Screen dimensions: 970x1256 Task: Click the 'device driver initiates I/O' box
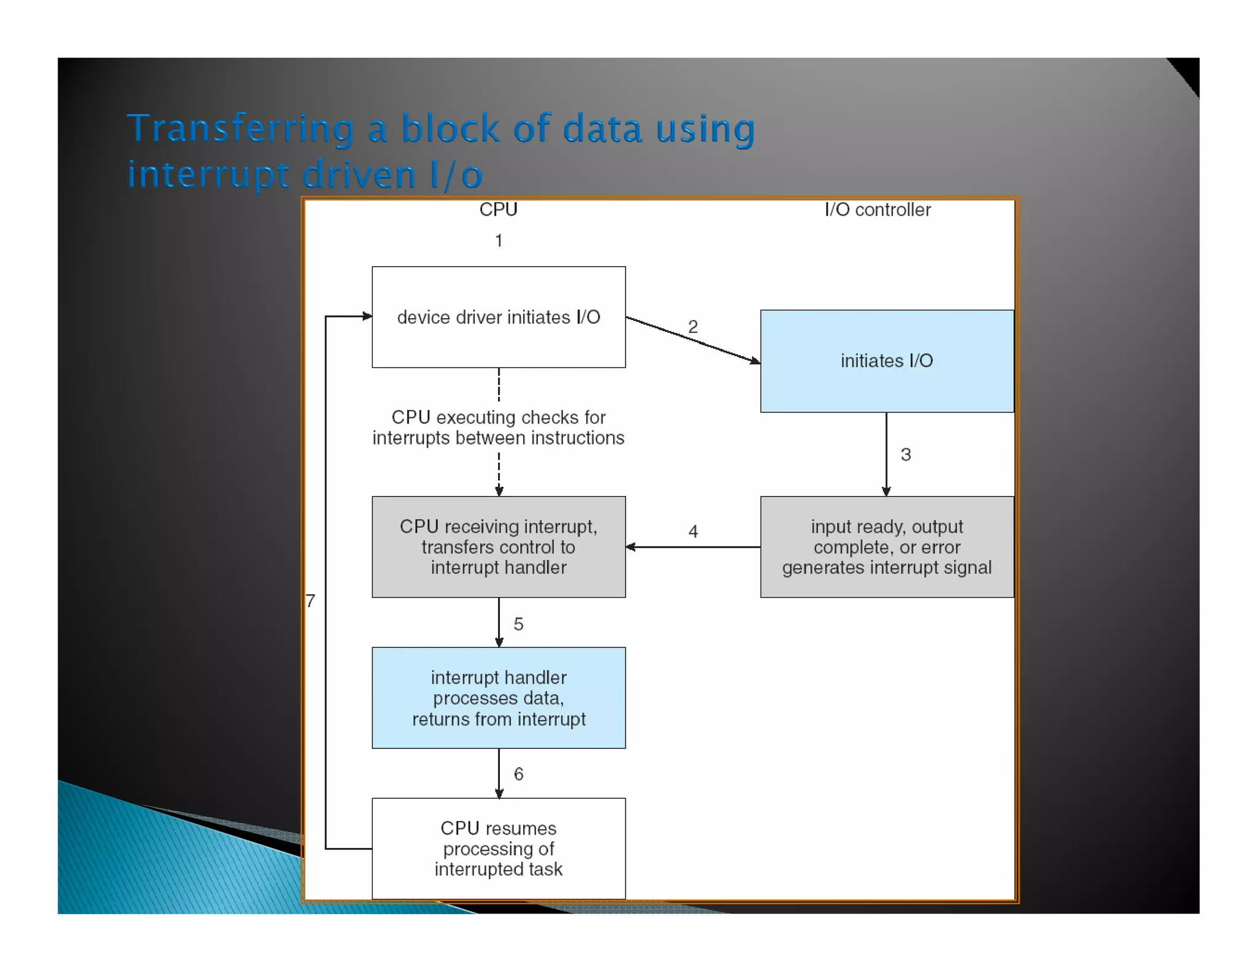499,317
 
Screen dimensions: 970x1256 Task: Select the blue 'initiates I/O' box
887,361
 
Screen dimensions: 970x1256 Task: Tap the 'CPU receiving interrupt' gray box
499,547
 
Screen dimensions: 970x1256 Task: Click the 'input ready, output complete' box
887,547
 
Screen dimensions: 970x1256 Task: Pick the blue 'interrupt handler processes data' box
499,698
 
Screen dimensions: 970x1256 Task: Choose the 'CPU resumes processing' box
499,849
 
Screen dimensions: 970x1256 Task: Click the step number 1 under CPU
499,240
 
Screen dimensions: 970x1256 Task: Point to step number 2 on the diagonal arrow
693,326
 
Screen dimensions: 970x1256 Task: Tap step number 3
906,454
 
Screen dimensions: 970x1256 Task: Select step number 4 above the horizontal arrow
693,531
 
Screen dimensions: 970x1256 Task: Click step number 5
518,624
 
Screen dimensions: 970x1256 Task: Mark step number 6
518,774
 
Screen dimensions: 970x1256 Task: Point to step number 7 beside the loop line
311,601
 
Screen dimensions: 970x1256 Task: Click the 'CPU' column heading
498,210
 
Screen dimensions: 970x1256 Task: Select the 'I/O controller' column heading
878,210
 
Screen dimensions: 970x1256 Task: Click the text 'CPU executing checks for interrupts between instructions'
499,427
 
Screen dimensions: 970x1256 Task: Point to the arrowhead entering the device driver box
367,316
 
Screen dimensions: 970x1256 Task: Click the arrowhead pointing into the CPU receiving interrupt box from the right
630,547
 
